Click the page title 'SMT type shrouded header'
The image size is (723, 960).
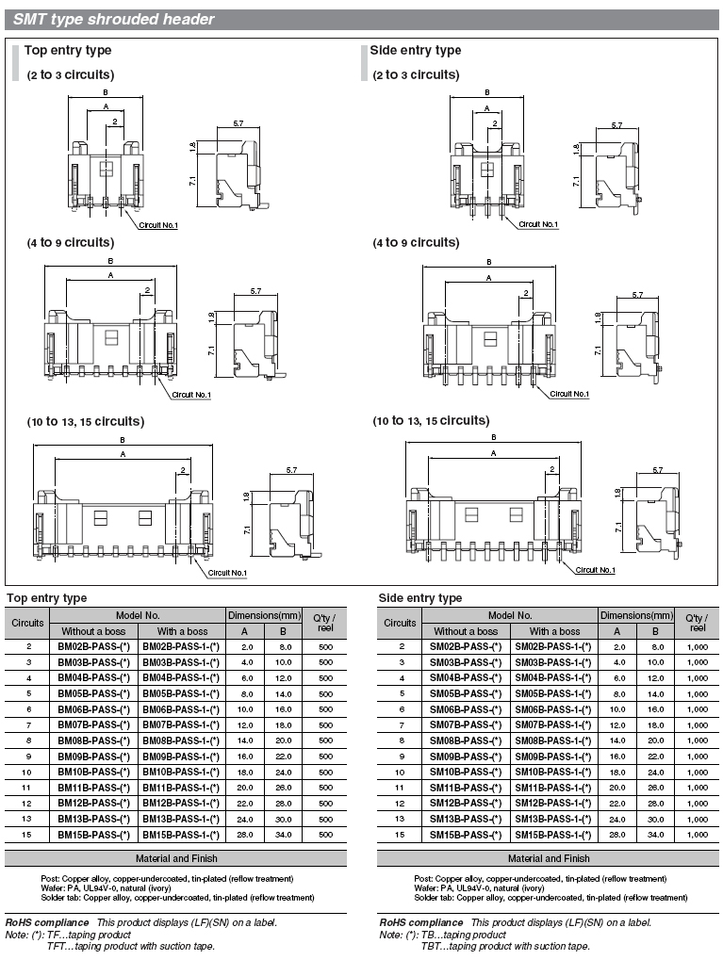point(113,19)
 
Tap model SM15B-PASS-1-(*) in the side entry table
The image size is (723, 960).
point(553,835)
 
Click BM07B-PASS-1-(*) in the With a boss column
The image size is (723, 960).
point(180,725)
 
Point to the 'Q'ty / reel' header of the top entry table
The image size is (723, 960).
point(324,622)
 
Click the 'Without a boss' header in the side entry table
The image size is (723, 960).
point(465,631)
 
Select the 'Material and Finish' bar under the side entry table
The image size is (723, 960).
point(549,858)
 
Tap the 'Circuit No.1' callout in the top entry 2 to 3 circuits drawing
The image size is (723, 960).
point(157,224)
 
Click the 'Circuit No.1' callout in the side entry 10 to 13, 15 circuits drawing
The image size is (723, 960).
point(595,570)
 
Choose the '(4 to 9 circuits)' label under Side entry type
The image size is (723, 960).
point(416,242)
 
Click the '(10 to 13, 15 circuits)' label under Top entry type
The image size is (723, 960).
point(85,421)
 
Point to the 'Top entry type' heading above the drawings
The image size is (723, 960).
point(67,50)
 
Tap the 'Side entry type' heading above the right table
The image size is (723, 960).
point(419,597)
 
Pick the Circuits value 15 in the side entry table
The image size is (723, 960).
point(401,835)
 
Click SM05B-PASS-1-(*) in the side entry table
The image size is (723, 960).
point(553,693)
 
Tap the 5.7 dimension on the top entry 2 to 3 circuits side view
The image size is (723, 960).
point(238,124)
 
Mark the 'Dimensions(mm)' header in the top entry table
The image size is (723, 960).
point(259,615)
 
